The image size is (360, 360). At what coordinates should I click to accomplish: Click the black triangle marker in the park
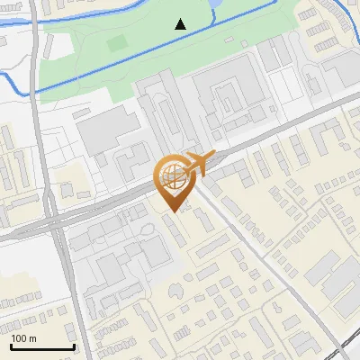click(x=182, y=24)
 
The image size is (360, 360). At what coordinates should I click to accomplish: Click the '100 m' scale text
click(x=24, y=338)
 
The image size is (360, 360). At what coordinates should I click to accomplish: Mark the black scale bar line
click(x=42, y=346)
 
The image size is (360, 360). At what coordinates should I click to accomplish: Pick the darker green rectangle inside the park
click(x=117, y=42)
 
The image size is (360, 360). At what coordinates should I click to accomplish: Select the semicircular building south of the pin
click(x=175, y=291)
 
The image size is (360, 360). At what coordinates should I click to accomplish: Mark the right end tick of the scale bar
click(x=74, y=346)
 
